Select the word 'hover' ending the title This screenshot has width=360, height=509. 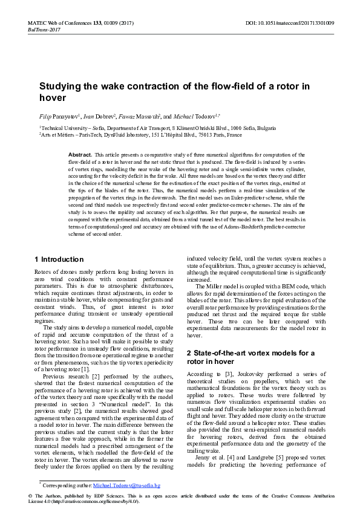pos(52,97)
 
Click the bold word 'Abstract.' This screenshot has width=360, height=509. pos(80,155)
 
